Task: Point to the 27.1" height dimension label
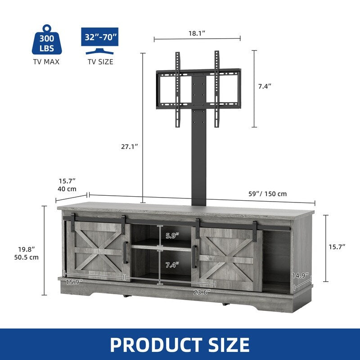[x=130, y=146]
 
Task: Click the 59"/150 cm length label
[x=267, y=194]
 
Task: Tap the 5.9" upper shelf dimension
[x=172, y=235]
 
